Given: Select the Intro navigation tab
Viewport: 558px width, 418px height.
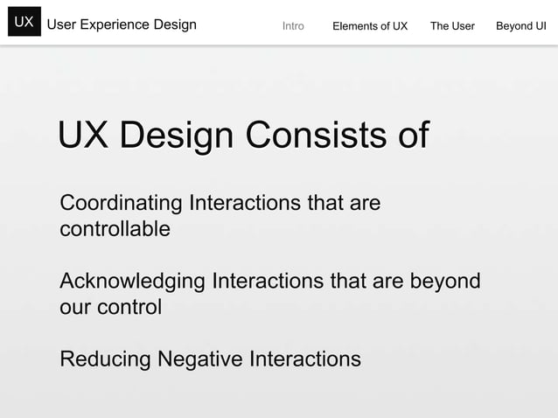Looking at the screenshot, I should [x=293, y=26].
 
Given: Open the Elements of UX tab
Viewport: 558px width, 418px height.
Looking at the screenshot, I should [x=370, y=26].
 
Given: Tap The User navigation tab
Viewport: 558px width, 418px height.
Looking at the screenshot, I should [x=452, y=26].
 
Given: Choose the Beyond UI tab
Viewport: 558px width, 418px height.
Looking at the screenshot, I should [x=521, y=26].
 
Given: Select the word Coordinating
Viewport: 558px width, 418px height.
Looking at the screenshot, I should [x=122, y=204].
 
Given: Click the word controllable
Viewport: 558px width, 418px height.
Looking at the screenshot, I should [x=115, y=230].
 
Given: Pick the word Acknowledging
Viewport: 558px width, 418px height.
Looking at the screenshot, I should [x=131, y=282].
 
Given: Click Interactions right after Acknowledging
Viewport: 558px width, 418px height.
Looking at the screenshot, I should [x=263, y=282].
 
